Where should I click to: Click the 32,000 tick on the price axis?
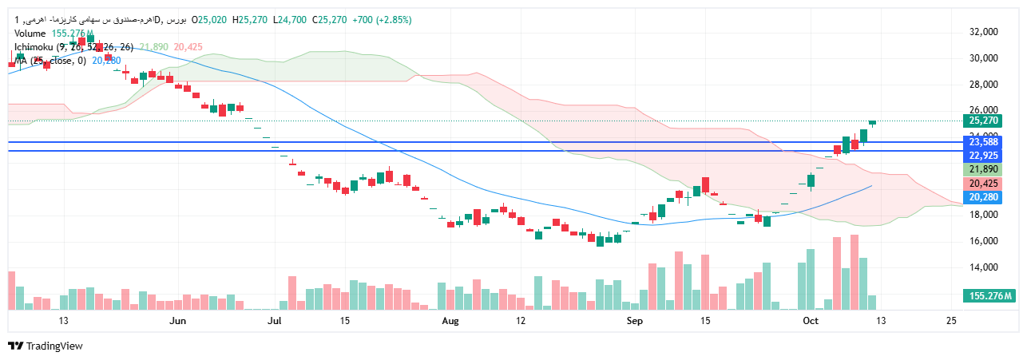click(985, 32)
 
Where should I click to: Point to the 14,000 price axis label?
click(985, 267)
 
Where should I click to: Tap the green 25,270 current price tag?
click(984, 121)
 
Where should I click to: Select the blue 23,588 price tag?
click(984, 142)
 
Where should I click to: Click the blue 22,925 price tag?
click(984, 155)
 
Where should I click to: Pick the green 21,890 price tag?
click(984, 169)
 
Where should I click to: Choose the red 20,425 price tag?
click(984, 183)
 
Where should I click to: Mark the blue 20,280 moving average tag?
click(984, 196)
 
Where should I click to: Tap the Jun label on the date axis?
click(178, 321)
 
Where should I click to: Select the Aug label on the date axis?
click(450, 321)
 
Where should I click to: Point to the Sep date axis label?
click(635, 321)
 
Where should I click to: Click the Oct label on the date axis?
click(811, 321)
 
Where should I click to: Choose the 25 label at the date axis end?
click(951, 321)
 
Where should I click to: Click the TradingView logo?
click(46, 346)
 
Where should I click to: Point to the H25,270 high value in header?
click(249, 19)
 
